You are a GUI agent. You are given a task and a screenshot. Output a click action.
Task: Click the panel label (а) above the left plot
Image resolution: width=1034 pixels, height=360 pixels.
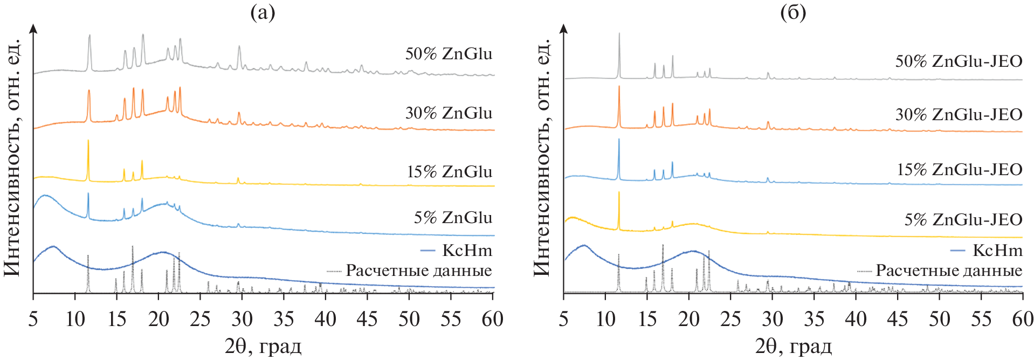click(263, 12)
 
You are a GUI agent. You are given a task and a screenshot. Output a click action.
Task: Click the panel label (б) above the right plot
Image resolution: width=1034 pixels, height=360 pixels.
click(793, 12)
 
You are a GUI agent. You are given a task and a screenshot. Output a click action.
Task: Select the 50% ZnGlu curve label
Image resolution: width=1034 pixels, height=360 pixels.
click(449, 54)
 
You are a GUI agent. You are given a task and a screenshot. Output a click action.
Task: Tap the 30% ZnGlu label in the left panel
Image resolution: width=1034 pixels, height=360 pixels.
click(449, 113)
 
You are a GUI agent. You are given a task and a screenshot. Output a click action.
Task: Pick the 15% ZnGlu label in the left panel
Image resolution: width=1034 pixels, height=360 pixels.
click(450, 172)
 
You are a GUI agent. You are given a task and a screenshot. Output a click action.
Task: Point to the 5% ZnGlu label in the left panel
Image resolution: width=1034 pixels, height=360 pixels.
click(453, 218)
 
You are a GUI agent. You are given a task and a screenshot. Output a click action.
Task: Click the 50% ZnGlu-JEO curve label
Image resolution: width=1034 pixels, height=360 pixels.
click(959, 61)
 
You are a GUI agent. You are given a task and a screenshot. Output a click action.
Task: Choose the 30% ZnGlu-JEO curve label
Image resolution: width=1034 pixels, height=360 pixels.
click(959, 115)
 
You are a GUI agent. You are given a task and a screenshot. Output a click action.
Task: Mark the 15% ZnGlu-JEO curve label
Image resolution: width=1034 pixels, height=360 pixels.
click(959, 170)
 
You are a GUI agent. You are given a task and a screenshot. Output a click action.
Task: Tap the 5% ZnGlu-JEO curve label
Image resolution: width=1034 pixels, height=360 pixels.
click(963, 220)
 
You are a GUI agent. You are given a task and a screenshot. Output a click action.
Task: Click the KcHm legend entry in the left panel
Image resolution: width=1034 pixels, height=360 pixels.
click(456, 251)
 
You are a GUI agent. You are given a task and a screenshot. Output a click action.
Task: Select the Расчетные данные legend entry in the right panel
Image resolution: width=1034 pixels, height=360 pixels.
click(940, 271)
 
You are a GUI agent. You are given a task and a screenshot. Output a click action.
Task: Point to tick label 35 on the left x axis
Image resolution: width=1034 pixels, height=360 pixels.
click(284, 320)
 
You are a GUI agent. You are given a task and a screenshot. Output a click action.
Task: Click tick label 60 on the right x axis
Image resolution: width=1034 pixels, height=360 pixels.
click(1022, 320)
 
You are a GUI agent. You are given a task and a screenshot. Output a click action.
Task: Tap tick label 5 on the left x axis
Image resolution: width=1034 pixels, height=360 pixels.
click(33, 320)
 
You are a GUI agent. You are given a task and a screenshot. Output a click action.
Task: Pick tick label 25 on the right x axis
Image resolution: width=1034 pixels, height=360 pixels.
click(730, 320)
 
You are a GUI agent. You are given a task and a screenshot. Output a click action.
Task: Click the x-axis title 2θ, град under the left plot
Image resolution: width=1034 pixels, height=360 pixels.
click(263, 346)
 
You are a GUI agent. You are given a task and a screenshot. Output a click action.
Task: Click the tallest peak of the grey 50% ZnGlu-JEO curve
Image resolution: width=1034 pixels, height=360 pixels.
click(619, 34)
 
